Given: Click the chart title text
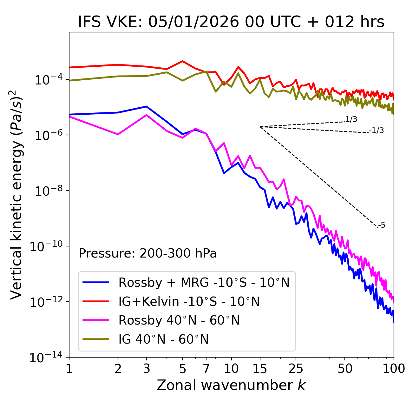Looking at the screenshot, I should pyautogui.click(x=231, y=22).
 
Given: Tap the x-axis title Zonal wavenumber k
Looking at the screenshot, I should pyautogui.click(x=231, y=385).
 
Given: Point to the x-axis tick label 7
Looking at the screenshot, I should pyautogui.click(x=206, y=369).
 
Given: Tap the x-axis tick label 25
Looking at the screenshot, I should pyautogui.click(x=296, y=369).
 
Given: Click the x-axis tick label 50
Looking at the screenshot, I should pyautogui.click(x=345, y=369).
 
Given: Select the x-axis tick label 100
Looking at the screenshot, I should pyautogui.click(x=394, y=369).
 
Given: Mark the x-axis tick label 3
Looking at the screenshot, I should pyautogui.click(x=147, y=369).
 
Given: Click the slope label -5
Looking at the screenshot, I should pyautogui.click(x=382, y=225).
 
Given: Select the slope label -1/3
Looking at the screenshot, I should pyautogui.click(x=377, y=131).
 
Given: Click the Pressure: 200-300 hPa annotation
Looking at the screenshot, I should pyautogui.click(x=148, y=253).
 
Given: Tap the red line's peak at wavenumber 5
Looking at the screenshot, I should pyautogui.click(x=182, y=61).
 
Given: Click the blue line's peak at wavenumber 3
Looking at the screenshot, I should pyautogui.click(x=147, y=106).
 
